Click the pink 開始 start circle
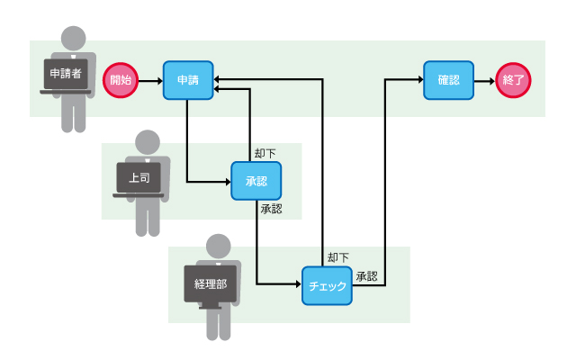[120, 79]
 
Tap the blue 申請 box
[188, 79]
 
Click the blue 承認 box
[256, 181]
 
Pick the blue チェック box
[327, 285]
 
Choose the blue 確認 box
[448, 79]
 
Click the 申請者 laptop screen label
[65, 73]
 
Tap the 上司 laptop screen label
[139, 177]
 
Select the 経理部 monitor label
[210, 284]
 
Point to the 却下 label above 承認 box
[265, 153]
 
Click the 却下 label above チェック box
[337, 257]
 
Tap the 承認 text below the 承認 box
[271, 209]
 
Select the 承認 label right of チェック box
[366, 275]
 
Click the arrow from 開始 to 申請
[149, 79]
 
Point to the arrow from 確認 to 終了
[484, 79]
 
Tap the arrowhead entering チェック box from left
[297, 284]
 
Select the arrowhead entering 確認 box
[419, 79]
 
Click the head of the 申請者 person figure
[73, 39]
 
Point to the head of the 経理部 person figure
[219, 246]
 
